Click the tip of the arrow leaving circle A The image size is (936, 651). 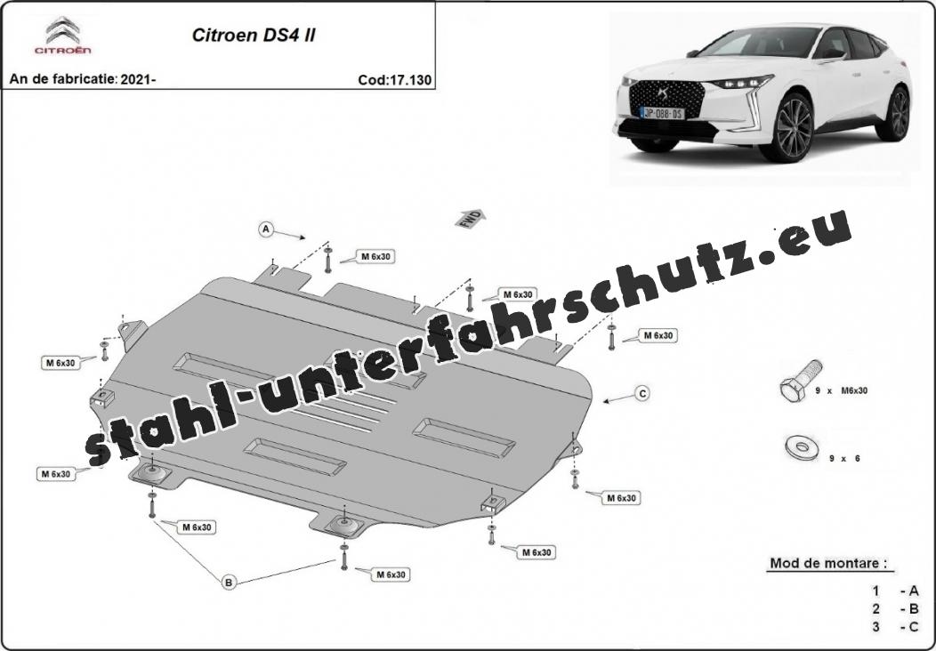[305, 238]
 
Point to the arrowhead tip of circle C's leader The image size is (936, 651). [603, 402]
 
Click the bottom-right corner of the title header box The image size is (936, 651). [434, 90]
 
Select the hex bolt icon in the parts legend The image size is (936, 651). [801, 381]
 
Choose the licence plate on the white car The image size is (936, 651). [662, 113]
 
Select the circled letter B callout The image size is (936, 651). [229, 582]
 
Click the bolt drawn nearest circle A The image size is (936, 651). [327, 260]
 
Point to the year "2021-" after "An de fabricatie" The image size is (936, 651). [138, 79]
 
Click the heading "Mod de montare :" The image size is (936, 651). [828, 563]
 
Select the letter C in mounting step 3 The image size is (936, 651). [914, 627]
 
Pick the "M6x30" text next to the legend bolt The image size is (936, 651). [854, 390]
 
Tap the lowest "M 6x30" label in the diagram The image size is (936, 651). [391, 575]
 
